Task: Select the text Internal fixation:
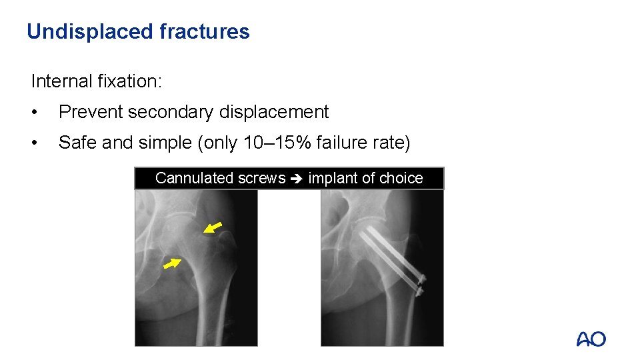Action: click(x=97, y=81)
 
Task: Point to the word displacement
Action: click(x=274, y=112)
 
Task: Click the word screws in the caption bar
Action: click(x=261, y=178)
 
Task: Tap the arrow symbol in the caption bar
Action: click(x=297, y=179)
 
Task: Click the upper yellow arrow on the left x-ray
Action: click(x=213, y=228)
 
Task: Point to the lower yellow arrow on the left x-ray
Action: click(x=172, y=264)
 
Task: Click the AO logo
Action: click(x=591, y=339)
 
